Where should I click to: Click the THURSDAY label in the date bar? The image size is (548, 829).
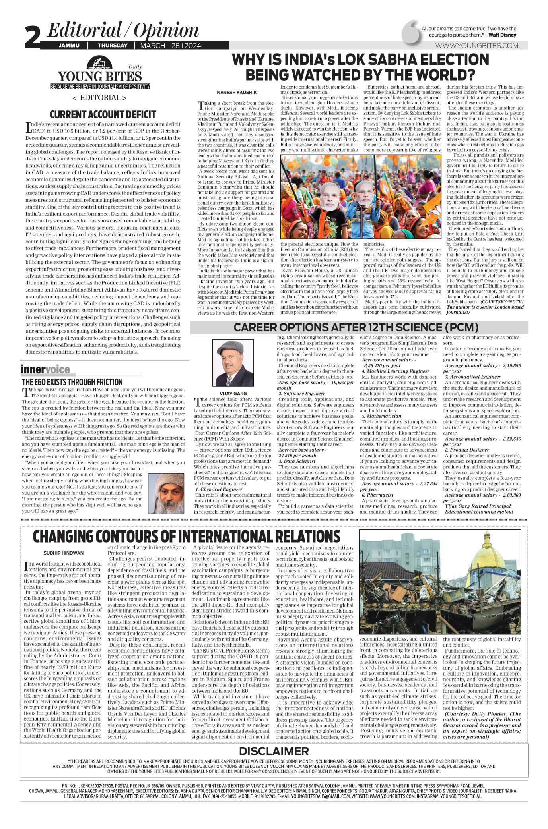click(x=113, y=46)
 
